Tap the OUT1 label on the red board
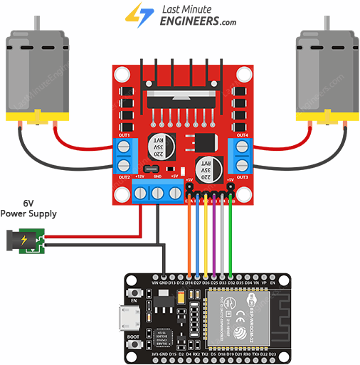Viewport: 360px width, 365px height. click(x=125, y=134)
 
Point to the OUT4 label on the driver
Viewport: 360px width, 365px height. click(x=242, y=134)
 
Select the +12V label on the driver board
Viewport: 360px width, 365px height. click(x=140, y=175)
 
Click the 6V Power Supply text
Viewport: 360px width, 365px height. click(x=28, y=208)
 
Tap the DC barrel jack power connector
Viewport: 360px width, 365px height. click(x=24, y=239)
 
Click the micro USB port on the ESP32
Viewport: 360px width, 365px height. click(x=129, y=314)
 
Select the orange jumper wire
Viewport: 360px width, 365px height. click(x=189, y=235)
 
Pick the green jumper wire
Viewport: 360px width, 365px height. click(x=231, y=235)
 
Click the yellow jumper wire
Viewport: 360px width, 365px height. click(x=206, y=235)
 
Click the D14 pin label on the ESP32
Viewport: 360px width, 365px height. click(x=189, y=283)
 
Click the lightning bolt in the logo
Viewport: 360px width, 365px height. click(x=133, y=14)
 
